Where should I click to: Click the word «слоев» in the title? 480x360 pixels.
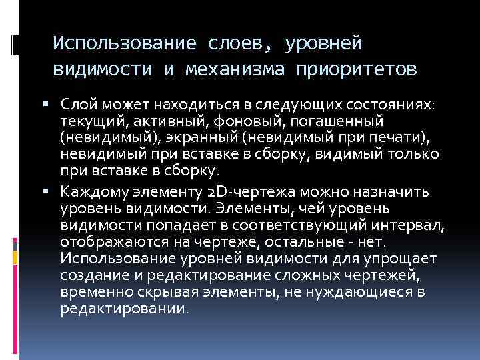pos(230,44)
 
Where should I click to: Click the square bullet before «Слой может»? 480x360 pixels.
pos(52,105)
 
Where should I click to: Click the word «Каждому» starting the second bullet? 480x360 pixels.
pos(91,193)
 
